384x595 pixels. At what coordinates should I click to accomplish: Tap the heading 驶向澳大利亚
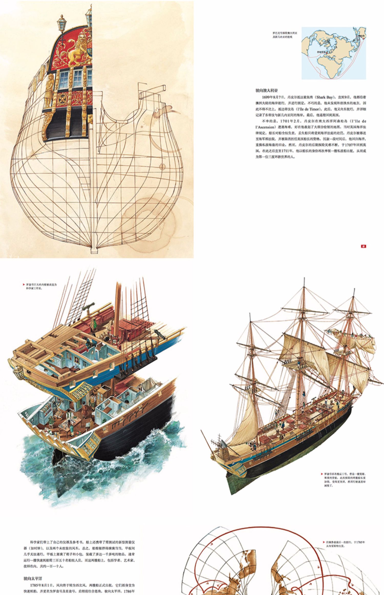(266, 90)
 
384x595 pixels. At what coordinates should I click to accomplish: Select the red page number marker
(363, 246)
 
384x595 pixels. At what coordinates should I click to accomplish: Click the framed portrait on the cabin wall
(77, 360)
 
